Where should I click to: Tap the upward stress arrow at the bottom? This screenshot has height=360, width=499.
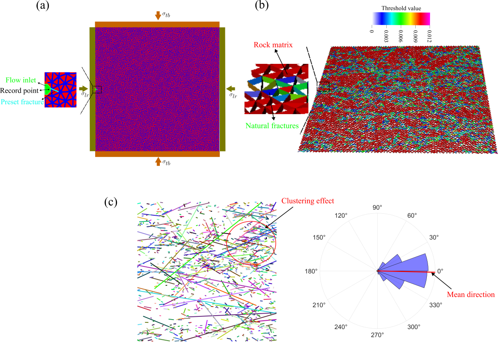[158, 161]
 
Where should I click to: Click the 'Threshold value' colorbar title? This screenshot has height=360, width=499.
[401, 8]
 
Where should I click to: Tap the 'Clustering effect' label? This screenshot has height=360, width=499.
[308, 201]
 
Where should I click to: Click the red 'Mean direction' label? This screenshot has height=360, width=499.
[471, 295]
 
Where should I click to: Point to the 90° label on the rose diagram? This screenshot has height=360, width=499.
[377, 207]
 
